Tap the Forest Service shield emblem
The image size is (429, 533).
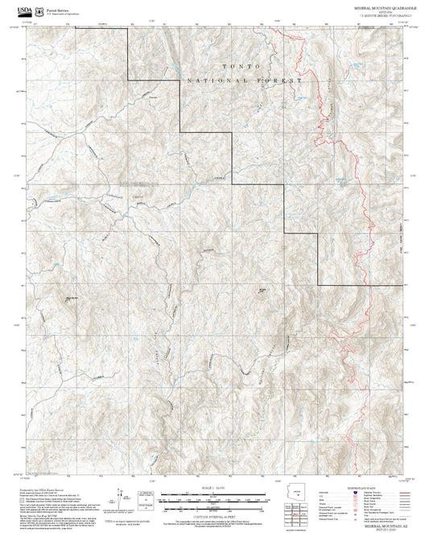tap(38, 11)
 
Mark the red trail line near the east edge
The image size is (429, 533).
tap(355, 161)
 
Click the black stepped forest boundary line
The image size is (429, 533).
tap(234, 161)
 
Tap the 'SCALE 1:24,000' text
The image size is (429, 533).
tap(214, 488)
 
